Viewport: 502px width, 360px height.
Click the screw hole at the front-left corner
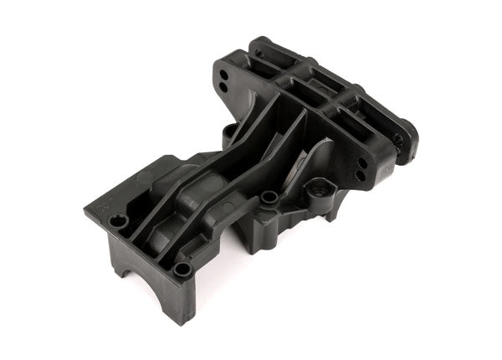pyautogui.click(x=119, y=220)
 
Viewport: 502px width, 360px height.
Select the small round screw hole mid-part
pyautogui.click(x=269, y=198)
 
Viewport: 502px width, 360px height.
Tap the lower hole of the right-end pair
pyautogui.click(x=360, y=175)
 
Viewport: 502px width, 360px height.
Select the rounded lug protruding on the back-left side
pyautogui.click(x=229, y=132)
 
